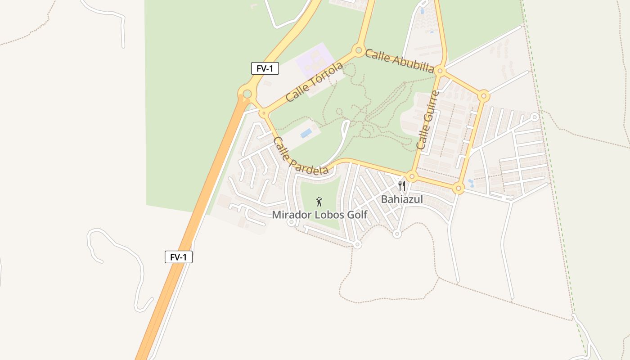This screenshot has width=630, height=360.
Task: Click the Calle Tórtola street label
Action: [x=314, y=82]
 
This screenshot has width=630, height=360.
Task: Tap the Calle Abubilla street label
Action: [x=399, y=61]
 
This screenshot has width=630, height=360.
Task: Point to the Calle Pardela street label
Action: [x=301, y=156]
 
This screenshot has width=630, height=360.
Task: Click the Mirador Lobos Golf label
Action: [x=319, y=215]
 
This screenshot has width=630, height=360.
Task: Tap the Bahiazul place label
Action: [x=402, y=199]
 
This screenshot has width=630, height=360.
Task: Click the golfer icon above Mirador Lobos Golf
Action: [x=319, y=201]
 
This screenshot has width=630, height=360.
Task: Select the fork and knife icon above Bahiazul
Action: [x=402, y=185]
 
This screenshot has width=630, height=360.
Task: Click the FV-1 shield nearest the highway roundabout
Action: [x=265, y=68]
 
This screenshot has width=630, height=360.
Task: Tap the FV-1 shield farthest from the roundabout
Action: [x=179, y=257]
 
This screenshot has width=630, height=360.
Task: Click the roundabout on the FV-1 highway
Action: [x=247, y=94]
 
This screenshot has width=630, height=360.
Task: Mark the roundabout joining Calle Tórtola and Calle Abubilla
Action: [x=359, y=50]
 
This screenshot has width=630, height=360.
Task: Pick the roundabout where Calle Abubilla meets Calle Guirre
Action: [x=441, y=71]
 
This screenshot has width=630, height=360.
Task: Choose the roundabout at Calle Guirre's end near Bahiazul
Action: [x=412, y=176]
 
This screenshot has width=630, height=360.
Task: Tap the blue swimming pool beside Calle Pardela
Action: [x=306, y=133]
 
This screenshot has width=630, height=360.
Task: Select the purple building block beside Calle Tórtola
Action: [x=315, y=61]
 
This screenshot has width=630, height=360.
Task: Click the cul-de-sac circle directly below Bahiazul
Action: [x=397, y=234]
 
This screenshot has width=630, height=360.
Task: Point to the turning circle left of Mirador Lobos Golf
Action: [x=291, y=222]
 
